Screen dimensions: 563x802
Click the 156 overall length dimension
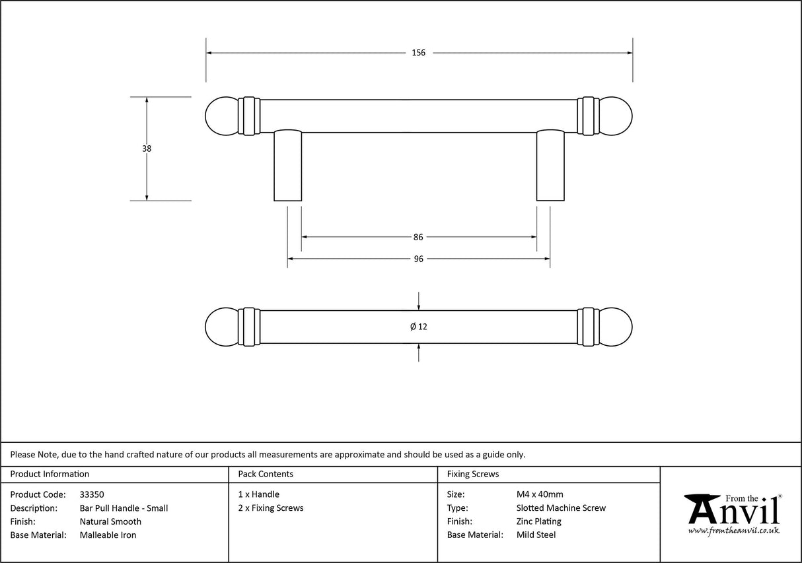pos(419,53)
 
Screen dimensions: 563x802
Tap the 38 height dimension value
pos(147,149)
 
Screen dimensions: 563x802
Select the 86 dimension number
pos(418,237)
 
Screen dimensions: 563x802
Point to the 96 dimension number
pos(418,259)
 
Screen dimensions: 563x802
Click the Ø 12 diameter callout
pos(419,327)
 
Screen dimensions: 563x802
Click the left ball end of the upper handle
pos(222,116)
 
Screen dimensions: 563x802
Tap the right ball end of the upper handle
pos(616,116)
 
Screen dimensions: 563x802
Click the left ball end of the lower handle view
pos(222,327)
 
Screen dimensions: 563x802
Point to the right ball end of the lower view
pos(616,327)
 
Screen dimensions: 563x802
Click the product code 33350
pos(92,494)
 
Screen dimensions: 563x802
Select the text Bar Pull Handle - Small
pos(124,508)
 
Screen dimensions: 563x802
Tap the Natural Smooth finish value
pos(110,521)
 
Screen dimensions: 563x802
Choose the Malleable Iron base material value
pos(108,535)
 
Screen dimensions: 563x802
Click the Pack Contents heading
pos(266,474)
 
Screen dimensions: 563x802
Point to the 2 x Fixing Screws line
pos(271,508)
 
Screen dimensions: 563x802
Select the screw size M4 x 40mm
pos(540,494)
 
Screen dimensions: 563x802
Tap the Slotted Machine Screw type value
pos(561,508)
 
